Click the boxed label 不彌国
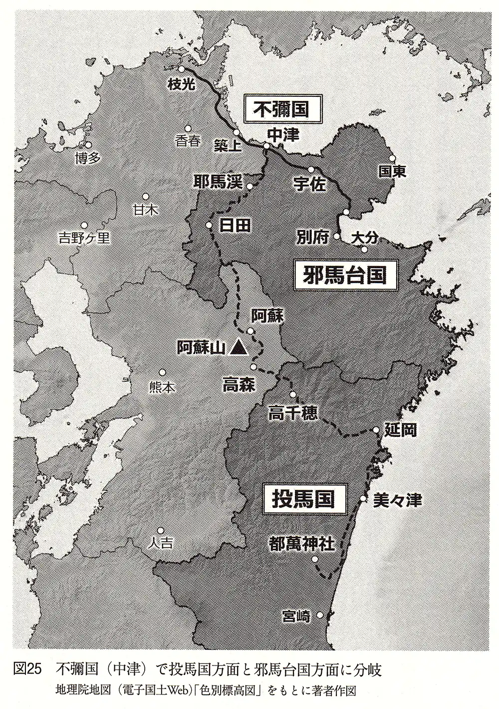(282, 109)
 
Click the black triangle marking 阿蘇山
(239, 347)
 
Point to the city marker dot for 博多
(88, 145)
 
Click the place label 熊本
(162, 387)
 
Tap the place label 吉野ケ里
(84, 238)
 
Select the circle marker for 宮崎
(320, 615)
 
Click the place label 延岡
(401, 430)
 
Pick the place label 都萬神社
(301, 544)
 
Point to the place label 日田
(235, 225)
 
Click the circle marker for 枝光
(182, 69)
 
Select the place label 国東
(392, 172)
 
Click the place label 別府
(312, 238)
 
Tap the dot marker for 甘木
(146, 197)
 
